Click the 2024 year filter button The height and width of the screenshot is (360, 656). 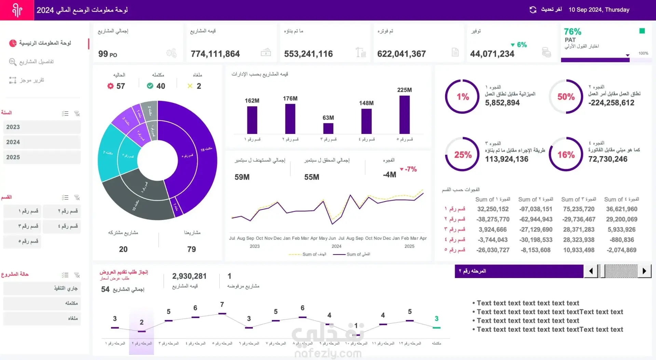(x=42, y=142)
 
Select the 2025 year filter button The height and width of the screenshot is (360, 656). (x=42, y=157)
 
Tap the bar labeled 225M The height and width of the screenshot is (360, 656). (x=404, y=114)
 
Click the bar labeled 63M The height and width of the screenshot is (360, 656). (x=328, y=128)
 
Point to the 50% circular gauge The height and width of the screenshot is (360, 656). (x=566, y=97)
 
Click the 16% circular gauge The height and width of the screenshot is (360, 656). (x=566, y=154)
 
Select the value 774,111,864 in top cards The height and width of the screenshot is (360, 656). (x=215, y=54)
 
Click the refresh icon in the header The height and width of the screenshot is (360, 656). (x=533, y=10)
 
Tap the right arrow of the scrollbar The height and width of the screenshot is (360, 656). (x=644, y=271)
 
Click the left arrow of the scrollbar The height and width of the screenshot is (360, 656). (x=591, y=271)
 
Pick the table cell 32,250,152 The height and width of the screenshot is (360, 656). (x=493, y=209)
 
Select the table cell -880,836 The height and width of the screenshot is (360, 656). (x=621, y=240)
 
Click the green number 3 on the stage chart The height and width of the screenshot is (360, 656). (x=436, y=319)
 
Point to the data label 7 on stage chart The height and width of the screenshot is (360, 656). (x=222, y=304)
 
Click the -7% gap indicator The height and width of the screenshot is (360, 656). (x=409, y=169)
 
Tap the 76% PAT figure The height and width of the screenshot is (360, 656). (x=572, y=32)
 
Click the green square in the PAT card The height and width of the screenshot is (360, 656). (x=642, y=31)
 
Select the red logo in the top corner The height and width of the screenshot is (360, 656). (x=17, y=10)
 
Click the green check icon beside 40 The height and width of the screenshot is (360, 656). (x=150, y=86)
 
